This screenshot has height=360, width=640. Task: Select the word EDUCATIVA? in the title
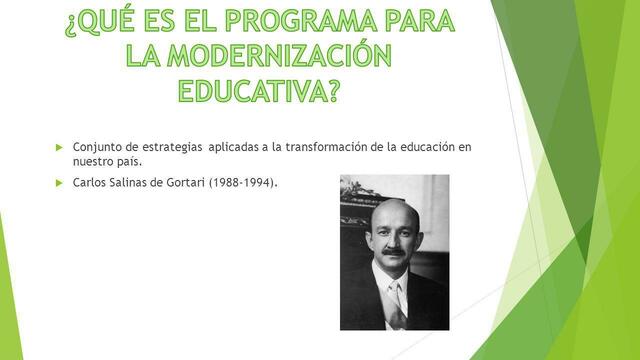point(259,91)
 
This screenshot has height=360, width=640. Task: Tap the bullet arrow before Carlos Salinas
point(59,183)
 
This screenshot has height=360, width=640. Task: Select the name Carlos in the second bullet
point(91,183)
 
